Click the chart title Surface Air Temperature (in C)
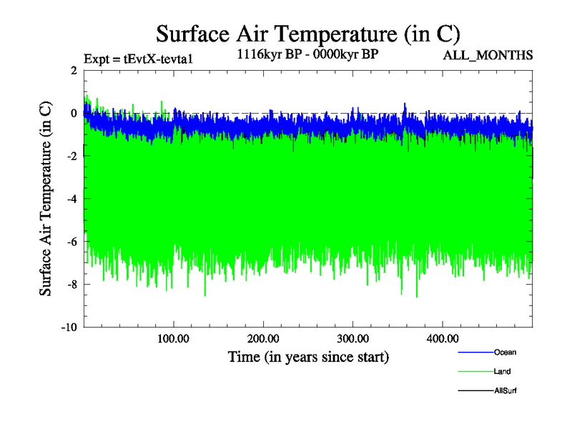coord(307,34)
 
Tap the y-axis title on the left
coord(45,199)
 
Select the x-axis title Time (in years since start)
coord(307,356)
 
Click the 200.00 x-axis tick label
coord(263,338)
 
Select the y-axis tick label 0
coord(74,113)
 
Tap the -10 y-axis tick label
coord(69,327)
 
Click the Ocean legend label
coord(505,352)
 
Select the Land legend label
coord(502,372)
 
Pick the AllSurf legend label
coord(505,390)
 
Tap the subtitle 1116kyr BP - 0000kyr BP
coord(307,53)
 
